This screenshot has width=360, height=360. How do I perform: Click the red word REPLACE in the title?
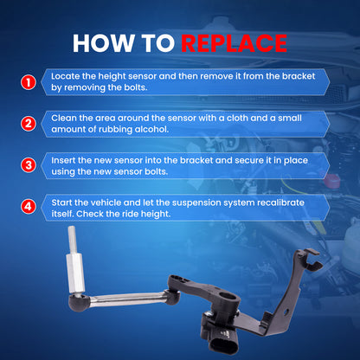pyautogui.click(x=234, y=43)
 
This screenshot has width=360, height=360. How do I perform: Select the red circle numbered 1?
pyautogui.click(x=29, y=82)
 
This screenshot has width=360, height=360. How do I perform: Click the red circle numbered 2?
pyautogui.click(x=29, y=124)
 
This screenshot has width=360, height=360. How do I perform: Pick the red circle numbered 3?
pyautogui.click(x=29, y=165)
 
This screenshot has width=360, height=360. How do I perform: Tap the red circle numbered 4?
pyautogui.click(x=29, y=207)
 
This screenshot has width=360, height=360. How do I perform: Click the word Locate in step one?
pyautogui.click(x=66, y=76)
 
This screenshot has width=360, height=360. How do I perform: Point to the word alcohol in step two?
pyautogui.click(x=151, y=129)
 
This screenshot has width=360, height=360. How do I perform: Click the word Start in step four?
pyautogui.click(x=61, y=202)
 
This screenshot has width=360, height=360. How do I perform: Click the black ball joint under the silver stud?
pyautogui.click(x=79, y=303)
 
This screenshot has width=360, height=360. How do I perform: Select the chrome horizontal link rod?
pyautogui.click(x=127, y=299)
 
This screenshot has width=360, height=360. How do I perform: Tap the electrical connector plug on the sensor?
pyautogui.click(x=224, y=343)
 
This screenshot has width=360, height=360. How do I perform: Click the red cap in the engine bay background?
pyautogui.click(x=331, y=180)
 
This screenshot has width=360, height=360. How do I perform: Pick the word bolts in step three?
pyautogui.click(x=156, y=171)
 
